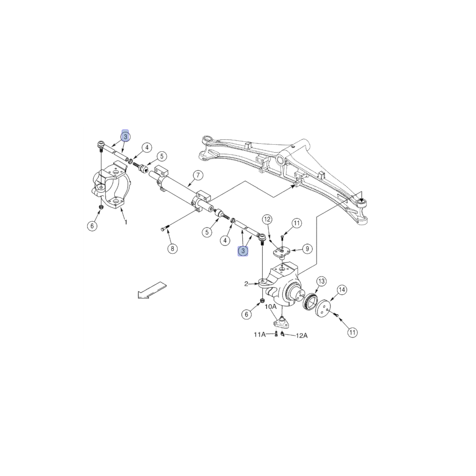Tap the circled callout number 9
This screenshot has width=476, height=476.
307,248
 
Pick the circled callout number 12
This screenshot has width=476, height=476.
267,219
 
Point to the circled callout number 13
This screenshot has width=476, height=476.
321,281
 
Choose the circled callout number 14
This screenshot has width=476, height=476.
342,290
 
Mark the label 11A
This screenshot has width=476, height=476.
260,335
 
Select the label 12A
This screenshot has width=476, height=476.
301,335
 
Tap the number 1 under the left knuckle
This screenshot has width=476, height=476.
126,222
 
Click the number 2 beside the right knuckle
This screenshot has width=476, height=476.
247,284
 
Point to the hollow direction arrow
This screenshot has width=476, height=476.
152,290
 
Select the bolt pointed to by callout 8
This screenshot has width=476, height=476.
165,229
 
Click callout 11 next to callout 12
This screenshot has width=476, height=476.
297,223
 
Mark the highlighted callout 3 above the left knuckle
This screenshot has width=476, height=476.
125,137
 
